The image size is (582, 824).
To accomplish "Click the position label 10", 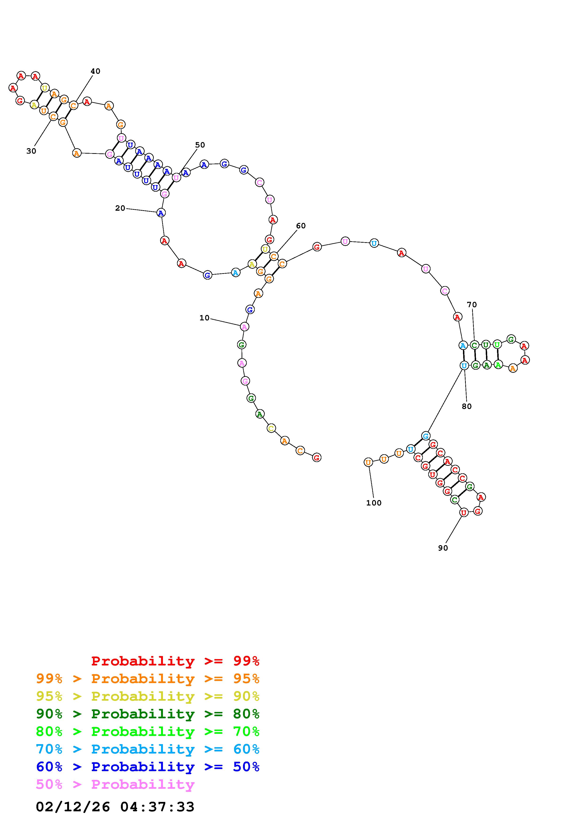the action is (x=204, y=318).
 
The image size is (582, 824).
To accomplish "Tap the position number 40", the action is (x=95, y=71).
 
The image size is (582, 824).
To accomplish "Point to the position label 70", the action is (x=472, y=305).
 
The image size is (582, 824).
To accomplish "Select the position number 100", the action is (x=374, y=503).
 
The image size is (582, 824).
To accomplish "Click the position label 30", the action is (x=31, y=151).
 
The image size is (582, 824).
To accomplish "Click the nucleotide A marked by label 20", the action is (x=161, y=213).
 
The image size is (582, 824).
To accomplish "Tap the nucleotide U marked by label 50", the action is (x=176, y=177).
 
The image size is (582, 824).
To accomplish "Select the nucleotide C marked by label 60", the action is (x=274, y=256).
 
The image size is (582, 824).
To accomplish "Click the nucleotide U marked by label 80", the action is (x=464, y=366).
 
